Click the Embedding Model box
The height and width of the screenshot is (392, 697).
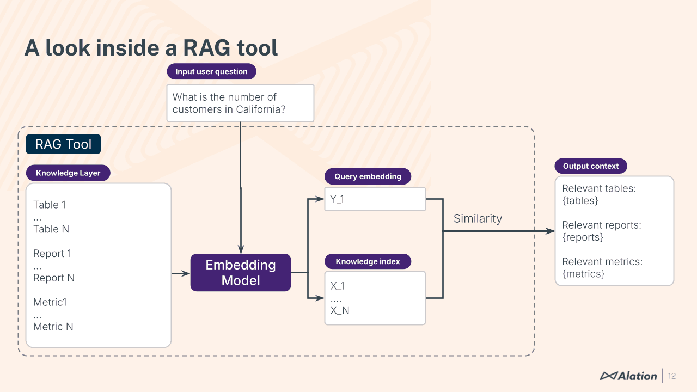point(241,273)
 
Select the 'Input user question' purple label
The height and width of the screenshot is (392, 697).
point(211,71)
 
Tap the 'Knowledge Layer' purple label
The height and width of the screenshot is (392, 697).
point(68,173)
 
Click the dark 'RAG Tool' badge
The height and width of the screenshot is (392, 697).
point(63,144)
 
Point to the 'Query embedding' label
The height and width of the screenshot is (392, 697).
point(368,176)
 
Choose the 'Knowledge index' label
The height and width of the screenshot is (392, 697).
point(368,261)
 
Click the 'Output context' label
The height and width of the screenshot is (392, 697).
point(591,166)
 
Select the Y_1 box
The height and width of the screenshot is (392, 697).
point(375,199)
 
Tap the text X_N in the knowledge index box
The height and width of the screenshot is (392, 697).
point(340,310)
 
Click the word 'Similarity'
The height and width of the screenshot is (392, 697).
point(478,218)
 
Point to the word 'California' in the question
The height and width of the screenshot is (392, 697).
point(261,109)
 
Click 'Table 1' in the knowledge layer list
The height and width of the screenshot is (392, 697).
point(50,205)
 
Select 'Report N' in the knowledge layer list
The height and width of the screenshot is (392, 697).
point(54,278)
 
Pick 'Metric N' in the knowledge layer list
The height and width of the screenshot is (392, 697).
point(53,327)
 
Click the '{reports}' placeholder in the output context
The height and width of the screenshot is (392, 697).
point(583,237)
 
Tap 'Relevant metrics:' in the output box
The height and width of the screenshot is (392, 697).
point(602,261)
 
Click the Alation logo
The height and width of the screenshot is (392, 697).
point(628,376)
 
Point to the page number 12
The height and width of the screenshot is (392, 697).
point(672,376)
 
